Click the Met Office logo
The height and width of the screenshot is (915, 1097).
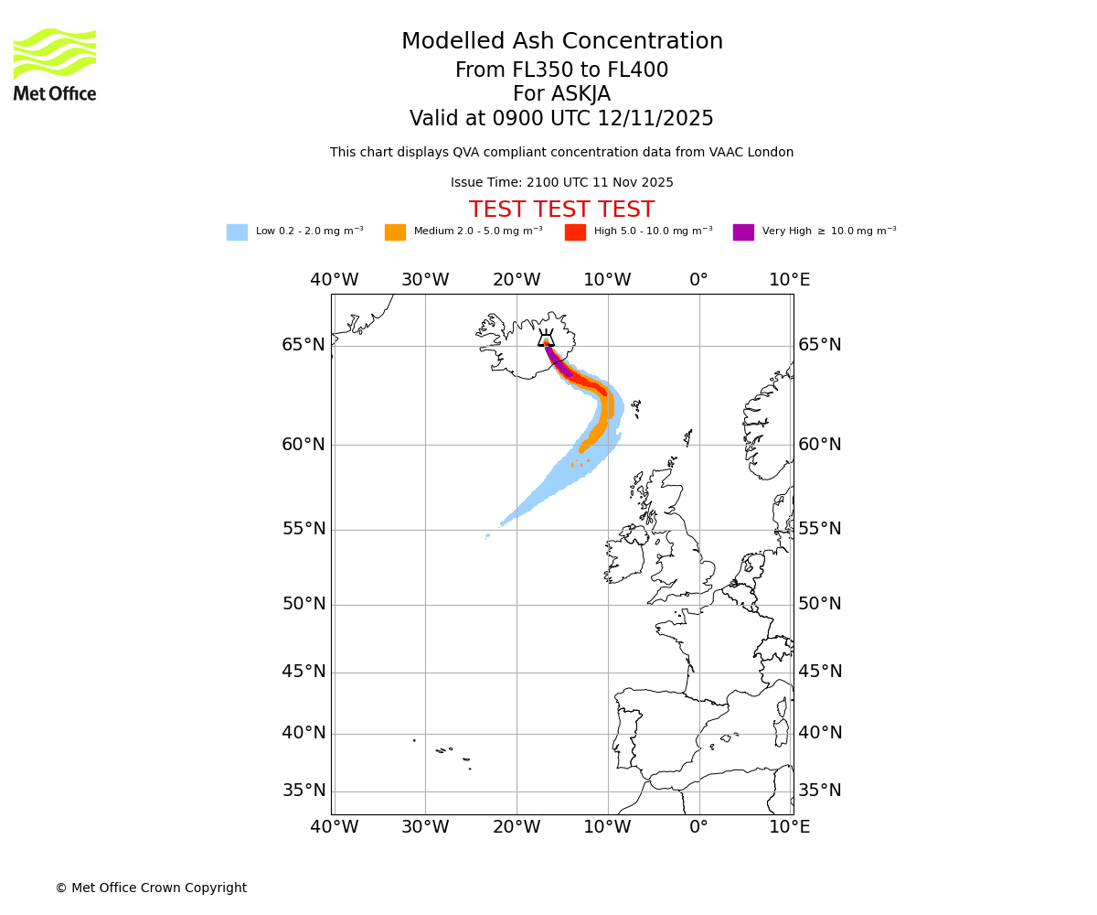tap(55, 64)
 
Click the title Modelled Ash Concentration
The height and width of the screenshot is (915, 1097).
tap(561, 42)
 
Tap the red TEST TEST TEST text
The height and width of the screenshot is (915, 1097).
tap(561, 210)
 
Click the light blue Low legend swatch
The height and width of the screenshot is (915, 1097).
tap(237, 232)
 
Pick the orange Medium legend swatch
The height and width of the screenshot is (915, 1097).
tap(395, 232)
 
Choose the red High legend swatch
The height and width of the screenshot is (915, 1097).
tap(575, 232)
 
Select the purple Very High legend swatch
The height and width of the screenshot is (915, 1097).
tap(743, 232)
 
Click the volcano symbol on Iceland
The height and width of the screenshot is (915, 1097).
tap(546, 338)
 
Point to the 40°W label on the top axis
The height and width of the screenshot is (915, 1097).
tap(334, 280)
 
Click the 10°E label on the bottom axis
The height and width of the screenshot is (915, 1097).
tap(790, 827)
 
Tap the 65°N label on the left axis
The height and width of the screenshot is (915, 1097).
tap(304, 345)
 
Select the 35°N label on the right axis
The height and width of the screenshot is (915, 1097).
tap(820, 791)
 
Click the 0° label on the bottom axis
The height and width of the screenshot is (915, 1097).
tap(698, 827)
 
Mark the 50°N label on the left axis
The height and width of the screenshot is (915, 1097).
tap(304, 604)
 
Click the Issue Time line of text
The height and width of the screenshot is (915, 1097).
tap(561, 183)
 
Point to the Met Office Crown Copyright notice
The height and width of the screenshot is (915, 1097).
tap(151, 888)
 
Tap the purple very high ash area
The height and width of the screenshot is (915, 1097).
tap(559, 364)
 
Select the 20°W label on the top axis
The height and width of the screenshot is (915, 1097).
tap(517, 280)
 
